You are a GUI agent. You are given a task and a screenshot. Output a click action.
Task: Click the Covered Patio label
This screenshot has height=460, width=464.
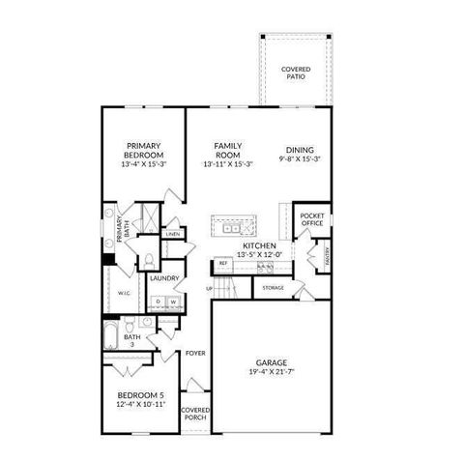[x=295, y=72]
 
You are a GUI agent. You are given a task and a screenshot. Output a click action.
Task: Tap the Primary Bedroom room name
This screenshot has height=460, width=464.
[x=144, y=151]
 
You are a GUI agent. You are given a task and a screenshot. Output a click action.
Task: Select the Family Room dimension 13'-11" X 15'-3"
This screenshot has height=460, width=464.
[x=227, y=164]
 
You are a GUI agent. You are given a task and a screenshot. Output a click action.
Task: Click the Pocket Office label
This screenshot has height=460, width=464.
[x=311, y=219]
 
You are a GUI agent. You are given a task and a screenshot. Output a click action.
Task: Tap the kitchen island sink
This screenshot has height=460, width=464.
[x=232, y=228]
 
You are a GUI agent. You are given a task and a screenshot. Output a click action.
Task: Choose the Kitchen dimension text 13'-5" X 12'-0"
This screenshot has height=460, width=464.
[x=260, y=254]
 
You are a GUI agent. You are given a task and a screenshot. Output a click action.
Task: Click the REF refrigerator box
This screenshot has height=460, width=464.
[x=223, y=263]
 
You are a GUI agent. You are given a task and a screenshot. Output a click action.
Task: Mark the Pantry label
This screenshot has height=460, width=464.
[x=328, y=256]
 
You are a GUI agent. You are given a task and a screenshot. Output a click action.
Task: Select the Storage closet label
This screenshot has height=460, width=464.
[x=274, y=287]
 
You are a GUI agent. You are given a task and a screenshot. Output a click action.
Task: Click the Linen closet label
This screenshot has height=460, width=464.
[x=172, y=234]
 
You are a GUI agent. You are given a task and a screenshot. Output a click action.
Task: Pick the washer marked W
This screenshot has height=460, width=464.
[x=174, y=302]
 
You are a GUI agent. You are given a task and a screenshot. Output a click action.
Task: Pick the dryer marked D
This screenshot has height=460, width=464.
[x=159, y=302]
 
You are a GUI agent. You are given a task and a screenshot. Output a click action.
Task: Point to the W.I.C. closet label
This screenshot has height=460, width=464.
[x=125, y=292]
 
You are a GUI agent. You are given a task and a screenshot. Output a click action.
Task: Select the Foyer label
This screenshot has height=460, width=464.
[x=196, y=353]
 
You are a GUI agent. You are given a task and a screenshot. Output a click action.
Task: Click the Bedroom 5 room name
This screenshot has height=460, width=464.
[x=142, y=396]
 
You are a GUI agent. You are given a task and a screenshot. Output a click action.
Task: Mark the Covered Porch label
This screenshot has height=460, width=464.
[x=196, y=414]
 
